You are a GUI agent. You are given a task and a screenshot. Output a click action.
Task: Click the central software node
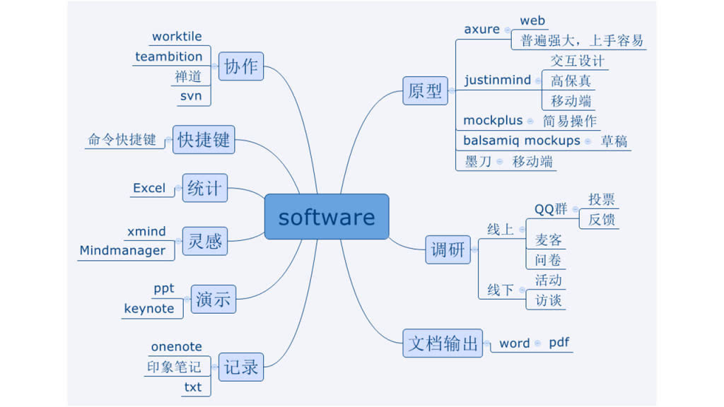327,217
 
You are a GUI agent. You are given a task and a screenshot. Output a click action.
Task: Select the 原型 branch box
425,90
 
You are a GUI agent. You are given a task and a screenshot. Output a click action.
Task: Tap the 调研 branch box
448,249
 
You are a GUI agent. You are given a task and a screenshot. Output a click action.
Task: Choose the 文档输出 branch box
443,343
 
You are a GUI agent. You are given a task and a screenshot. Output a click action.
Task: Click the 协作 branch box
241,66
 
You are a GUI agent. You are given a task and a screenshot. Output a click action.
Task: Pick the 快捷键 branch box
204,139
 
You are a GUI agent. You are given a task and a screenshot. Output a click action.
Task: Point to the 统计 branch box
204,189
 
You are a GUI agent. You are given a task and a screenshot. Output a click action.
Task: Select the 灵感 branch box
205,241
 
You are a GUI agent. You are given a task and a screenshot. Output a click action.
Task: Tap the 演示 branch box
213,298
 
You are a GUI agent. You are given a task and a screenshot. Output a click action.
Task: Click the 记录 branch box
241,367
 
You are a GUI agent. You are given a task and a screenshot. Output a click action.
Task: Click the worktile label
177,36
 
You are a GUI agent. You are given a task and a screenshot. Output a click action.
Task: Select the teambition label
169,56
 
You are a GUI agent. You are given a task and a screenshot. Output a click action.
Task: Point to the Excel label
149,188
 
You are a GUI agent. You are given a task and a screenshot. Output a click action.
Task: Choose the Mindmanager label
122,250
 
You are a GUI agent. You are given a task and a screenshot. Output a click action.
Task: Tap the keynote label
148,308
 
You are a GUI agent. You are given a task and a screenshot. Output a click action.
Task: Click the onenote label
176,346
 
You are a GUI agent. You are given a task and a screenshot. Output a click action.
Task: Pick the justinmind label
498,80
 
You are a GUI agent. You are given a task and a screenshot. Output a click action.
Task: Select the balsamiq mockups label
521,140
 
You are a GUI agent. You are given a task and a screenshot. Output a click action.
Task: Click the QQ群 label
551,208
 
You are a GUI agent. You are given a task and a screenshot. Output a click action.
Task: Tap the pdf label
559,343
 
